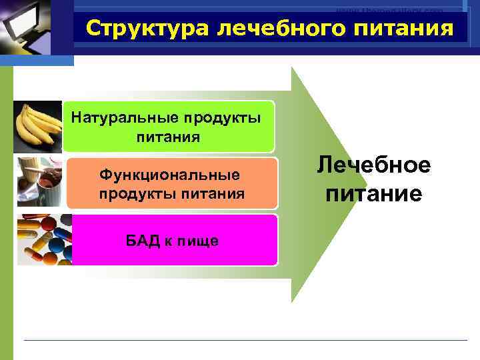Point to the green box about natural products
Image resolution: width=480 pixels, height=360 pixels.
[169, 127]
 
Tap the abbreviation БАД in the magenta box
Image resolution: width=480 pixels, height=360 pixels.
[142, 241]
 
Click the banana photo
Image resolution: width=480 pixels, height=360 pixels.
[39, 127]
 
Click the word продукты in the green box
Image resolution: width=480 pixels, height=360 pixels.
[215, 118]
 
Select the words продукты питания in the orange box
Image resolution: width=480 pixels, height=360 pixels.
[172, 194]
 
